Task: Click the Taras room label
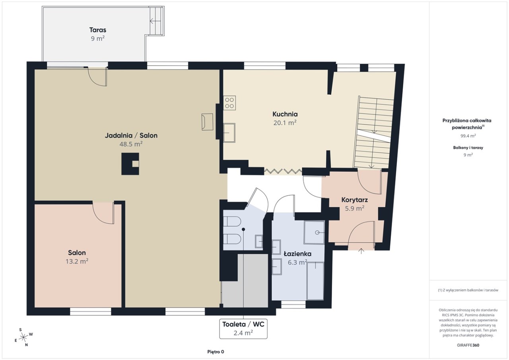(98, 30)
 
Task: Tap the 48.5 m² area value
(131, 144)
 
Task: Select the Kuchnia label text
(285, 114)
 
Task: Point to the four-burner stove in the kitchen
(229, 103)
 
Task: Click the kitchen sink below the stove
(229, 133)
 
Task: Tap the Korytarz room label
(354, 200)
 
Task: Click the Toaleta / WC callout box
(243, 329)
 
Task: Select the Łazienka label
(298, 254)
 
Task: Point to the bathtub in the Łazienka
(315, 281)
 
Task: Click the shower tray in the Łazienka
(314, 232)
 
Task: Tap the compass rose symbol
(23, 337)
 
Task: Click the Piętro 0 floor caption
(216, 352)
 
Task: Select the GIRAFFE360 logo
(468, 345)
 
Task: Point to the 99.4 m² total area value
(468, 136)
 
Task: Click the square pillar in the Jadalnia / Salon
(130, 164)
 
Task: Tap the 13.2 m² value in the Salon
(77, 262)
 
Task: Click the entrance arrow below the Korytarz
(361, 251)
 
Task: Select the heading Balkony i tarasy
(468, 148)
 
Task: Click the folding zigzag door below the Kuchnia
(283, 171)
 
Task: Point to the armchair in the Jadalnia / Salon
(207, 122)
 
